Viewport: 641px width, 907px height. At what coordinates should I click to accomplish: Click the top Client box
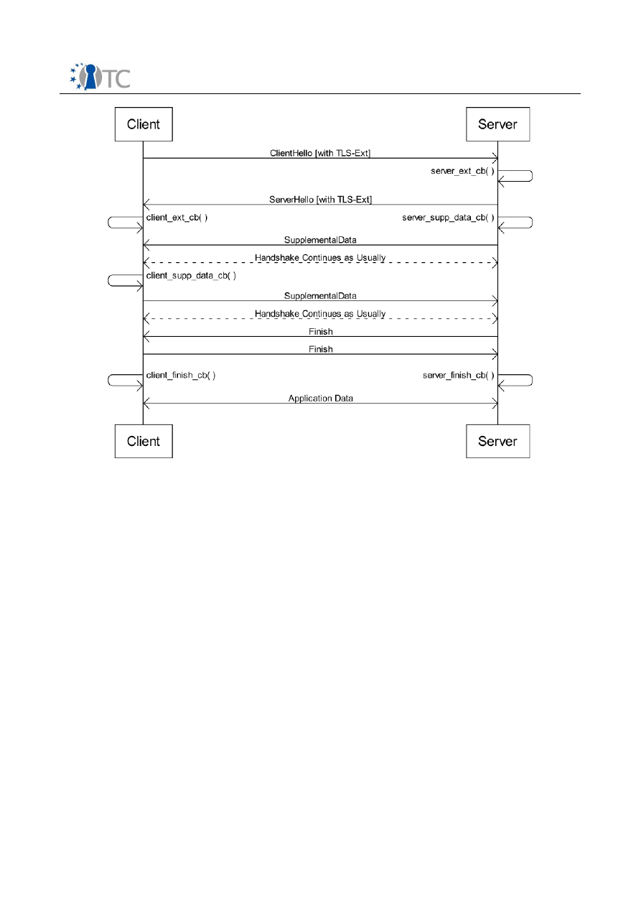coord(144,124)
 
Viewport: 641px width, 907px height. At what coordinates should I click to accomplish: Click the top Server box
coord(497,124)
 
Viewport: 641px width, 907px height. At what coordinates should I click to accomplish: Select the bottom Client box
coord(144,441)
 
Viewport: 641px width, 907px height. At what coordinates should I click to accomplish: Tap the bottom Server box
coord(497,441)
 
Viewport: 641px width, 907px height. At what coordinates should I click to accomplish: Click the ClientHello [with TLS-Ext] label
coord(320,153)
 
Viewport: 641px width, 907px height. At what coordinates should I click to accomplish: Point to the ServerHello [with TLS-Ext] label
coord(320,199)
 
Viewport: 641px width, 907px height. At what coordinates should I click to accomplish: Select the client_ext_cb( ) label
coord(177,217)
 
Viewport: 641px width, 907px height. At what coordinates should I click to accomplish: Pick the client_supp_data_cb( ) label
coord(191,275)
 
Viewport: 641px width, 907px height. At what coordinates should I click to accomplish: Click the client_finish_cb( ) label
coord(181,375)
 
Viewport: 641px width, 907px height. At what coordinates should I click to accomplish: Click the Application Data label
coord(320,398)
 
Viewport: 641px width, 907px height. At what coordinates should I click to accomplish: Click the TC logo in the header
coord(100,76)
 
